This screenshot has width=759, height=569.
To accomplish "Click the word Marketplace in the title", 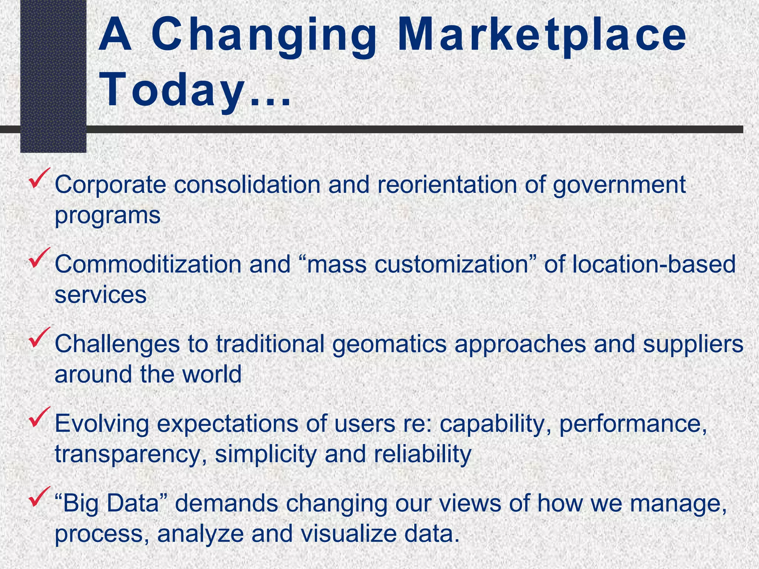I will tap(543, 36).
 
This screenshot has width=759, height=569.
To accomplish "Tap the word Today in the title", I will tap(172, 91).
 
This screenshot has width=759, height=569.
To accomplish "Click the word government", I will tap(619, 185).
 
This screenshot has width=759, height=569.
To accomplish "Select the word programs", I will tap(107, 216).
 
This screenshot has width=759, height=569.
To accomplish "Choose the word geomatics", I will tap(389, 345).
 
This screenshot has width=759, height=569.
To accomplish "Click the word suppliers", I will tap(693, 345).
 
